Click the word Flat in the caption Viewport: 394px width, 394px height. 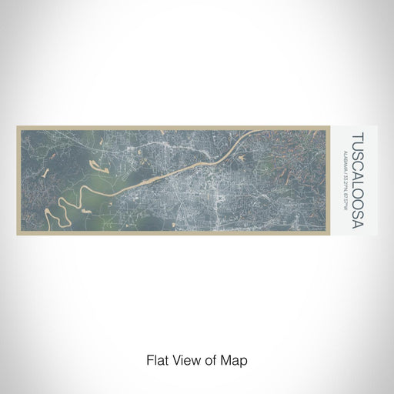pyautogui.click(x=155, y=359)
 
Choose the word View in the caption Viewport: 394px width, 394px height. pyautogui.click(x=181, y=359)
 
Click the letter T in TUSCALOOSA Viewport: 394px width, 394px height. pyautogui.click(x=358, y=136)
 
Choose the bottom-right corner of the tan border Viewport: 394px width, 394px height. pyautogui.click(x=339, y=234)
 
